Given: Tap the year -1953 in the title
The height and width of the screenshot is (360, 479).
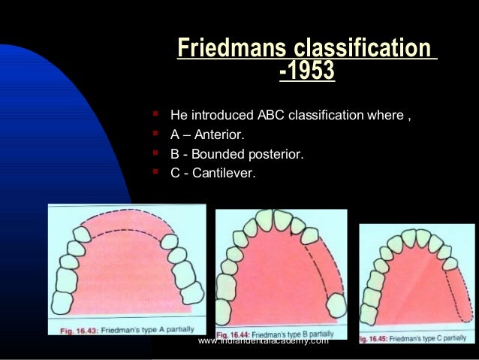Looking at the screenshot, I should [306, 72].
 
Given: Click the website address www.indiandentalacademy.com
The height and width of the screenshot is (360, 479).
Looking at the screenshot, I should [264, 341].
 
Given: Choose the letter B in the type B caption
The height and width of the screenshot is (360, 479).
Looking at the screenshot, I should [319, 332].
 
